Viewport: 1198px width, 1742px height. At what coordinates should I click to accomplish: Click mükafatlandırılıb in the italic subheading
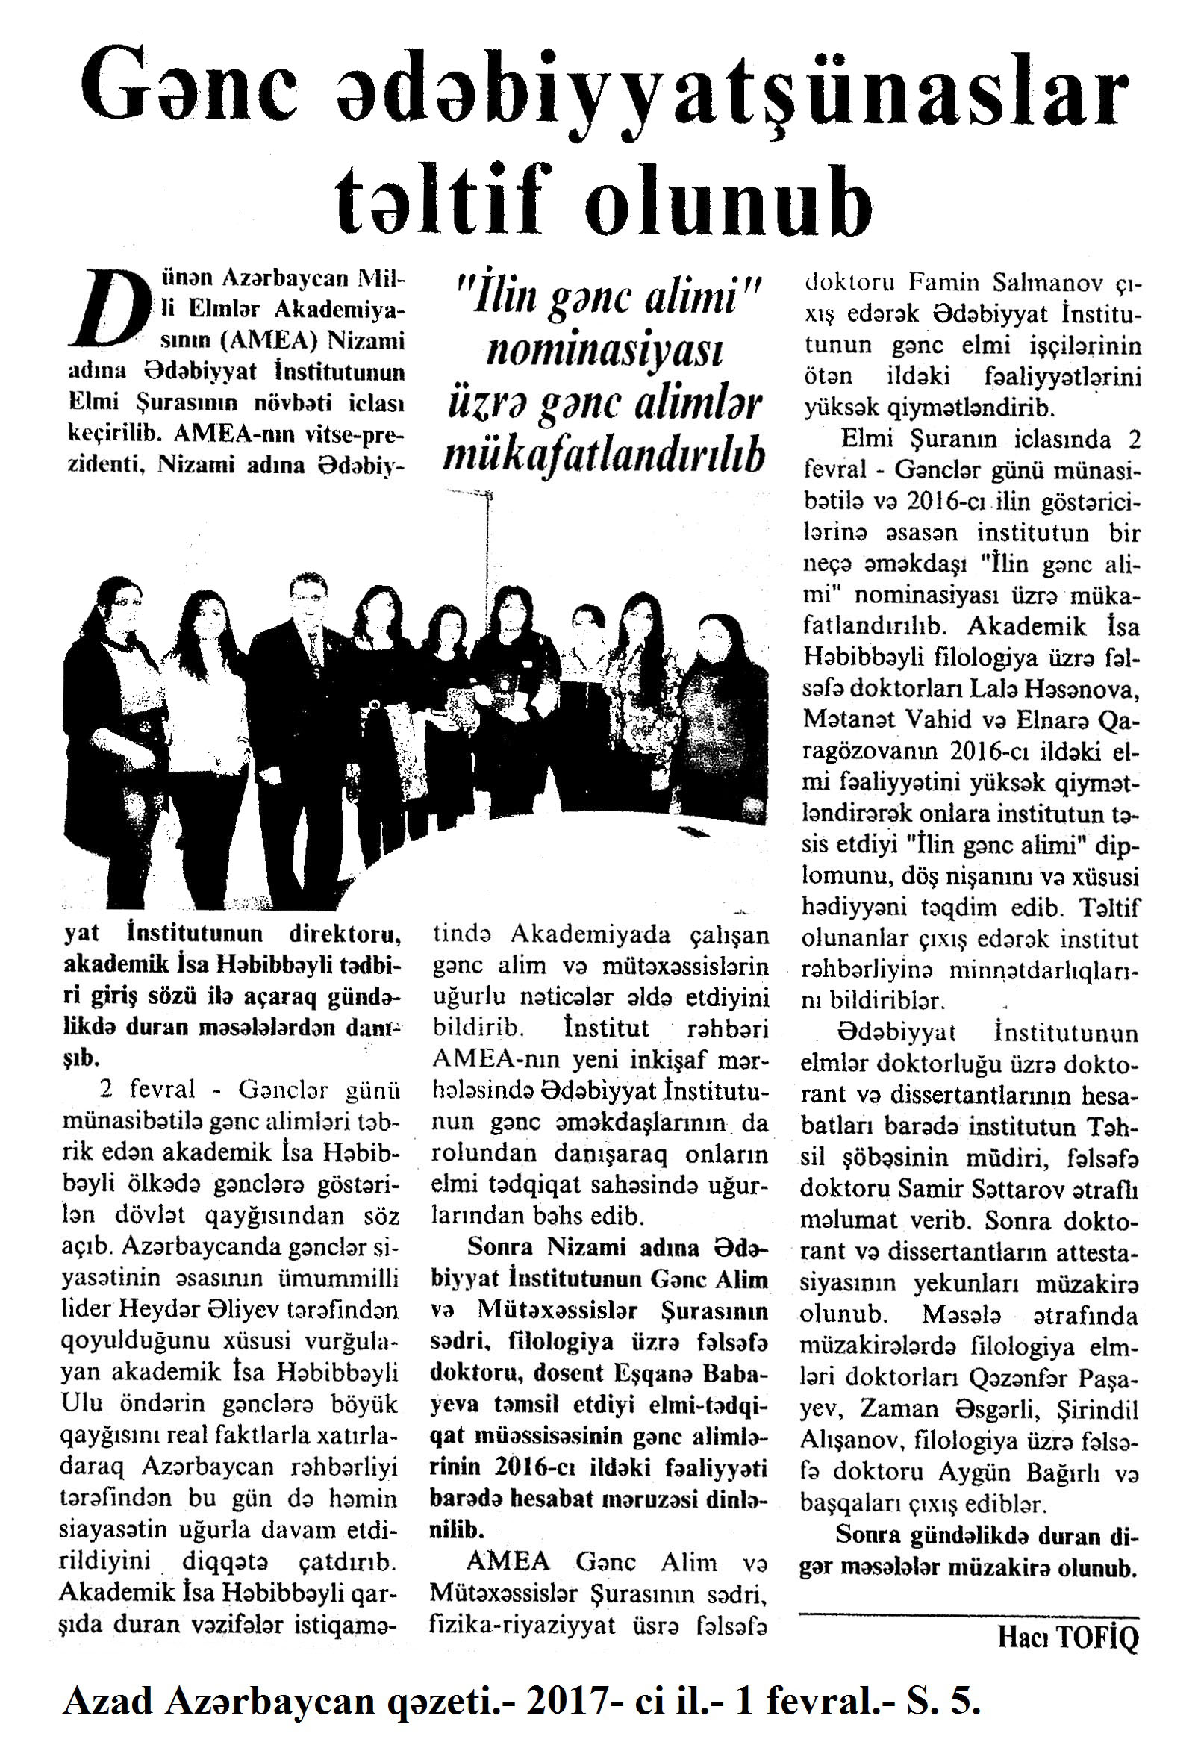(604, 454)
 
